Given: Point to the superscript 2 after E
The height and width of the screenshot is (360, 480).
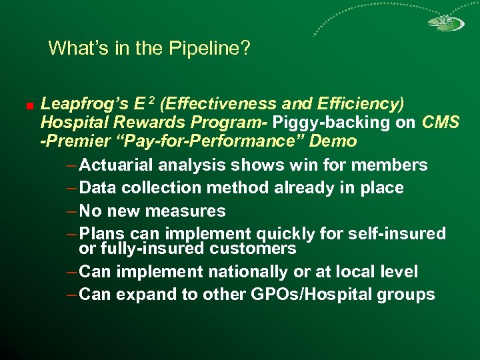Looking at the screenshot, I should tap(152, 101).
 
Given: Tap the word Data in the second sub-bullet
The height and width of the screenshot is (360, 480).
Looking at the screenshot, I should tap(97, 188).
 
